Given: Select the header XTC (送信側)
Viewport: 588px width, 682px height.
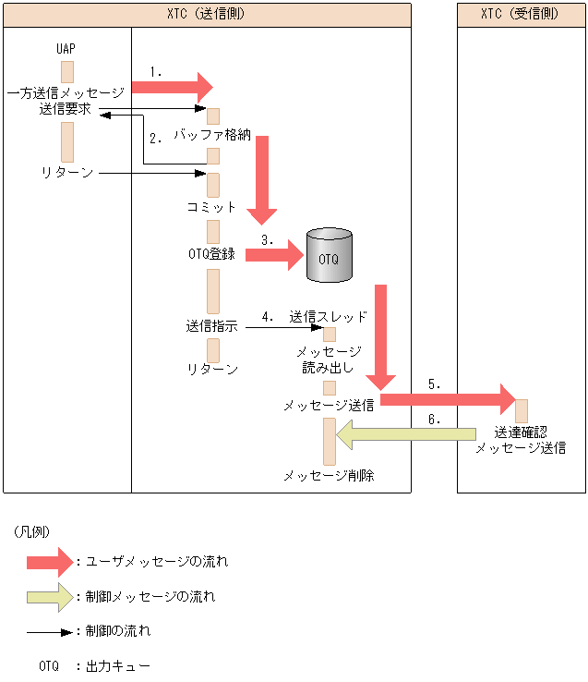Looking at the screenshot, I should [x=207, y=15].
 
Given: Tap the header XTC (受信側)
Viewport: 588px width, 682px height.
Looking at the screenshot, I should [x=521, y=15].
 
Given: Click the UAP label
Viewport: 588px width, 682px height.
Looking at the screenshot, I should [x=66, y=47].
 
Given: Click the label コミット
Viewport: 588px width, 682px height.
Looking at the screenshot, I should [x=212, y=207].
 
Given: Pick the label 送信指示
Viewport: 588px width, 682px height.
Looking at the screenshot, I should [x=211, y=325].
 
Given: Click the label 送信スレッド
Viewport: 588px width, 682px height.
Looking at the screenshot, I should [x=329, y=316].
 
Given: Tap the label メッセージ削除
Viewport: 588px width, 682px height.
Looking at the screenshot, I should [x=329, y=476].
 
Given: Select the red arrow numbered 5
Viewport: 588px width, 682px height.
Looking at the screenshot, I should [x=447, y=399].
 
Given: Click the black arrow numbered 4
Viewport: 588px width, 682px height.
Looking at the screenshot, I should [x=282, y=327].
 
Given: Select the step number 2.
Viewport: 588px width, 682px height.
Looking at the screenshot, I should [x=155, y=139].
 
